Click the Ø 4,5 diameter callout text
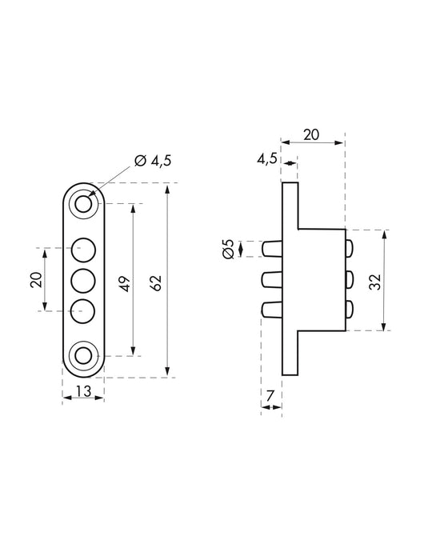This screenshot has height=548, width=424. tap(153, 161)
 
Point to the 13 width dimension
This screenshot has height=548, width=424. tap(82, 390)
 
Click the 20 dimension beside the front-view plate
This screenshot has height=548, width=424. tap(34, 278)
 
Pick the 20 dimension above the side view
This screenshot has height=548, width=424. tap(312, 134)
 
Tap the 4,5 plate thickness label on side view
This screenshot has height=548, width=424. tap(267, 158)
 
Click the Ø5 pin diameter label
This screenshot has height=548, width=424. tap(228, 250)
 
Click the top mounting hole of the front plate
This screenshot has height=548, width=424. tap(83, 205)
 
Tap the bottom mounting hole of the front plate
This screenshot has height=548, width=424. tap(83, 356)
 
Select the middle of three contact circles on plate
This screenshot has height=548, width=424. tap(83, 280)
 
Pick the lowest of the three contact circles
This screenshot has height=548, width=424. tap(83, 310)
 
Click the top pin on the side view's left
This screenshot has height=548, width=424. tap(272, 249)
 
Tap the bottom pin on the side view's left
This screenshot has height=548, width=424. tap(272, 310)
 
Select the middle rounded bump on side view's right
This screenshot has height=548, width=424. tap(349, 280)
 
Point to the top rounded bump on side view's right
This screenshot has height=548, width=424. tap(349, 250)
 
